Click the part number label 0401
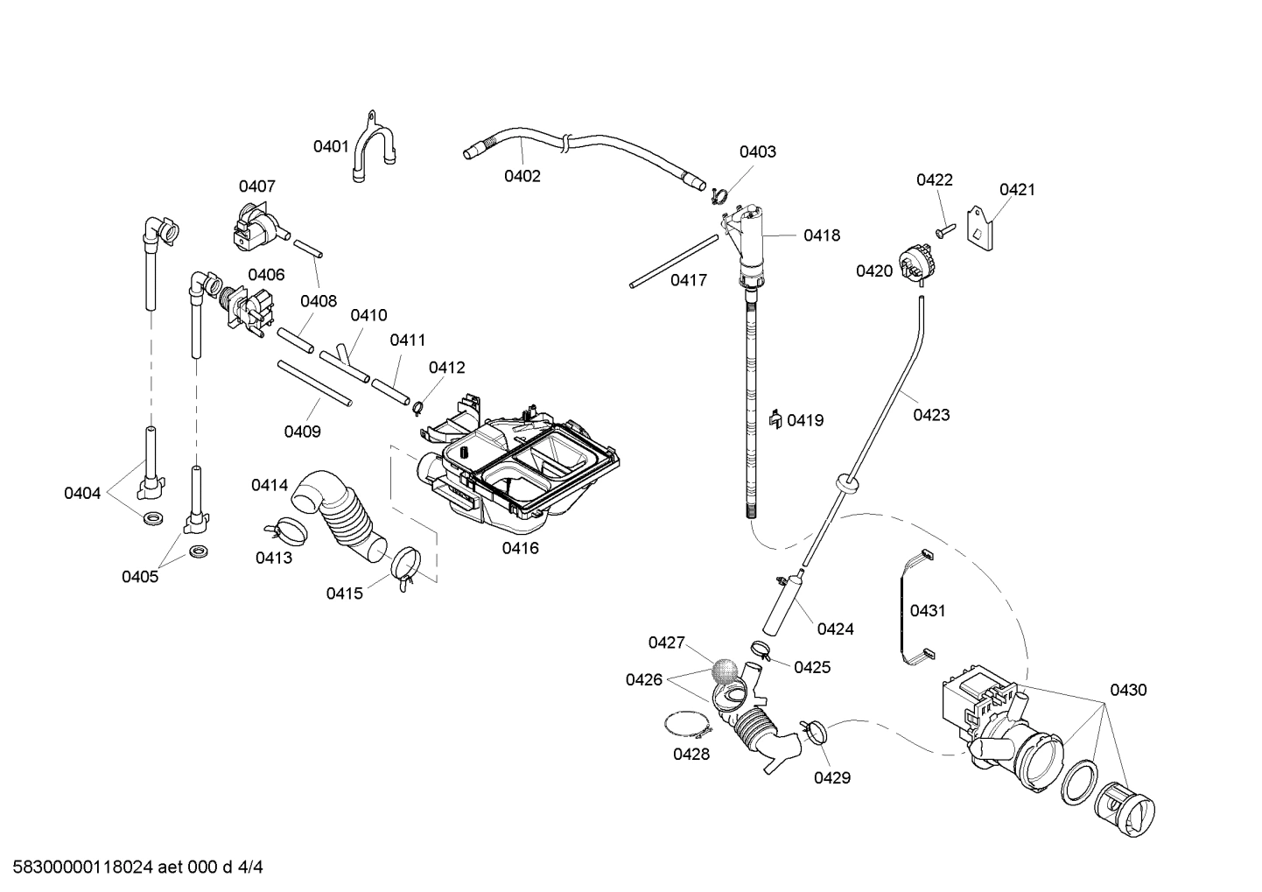click(x=331, y=146)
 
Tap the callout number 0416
click(x=520, y=548)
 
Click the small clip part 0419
click(x=775, y=420)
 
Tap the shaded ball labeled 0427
click(x=723, y=671)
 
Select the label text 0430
click(x=1128, y=690)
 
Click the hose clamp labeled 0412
click(x=418, y=405)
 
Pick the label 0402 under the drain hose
click(x=522, y=176)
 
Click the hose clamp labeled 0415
click(x=404, y=566)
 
